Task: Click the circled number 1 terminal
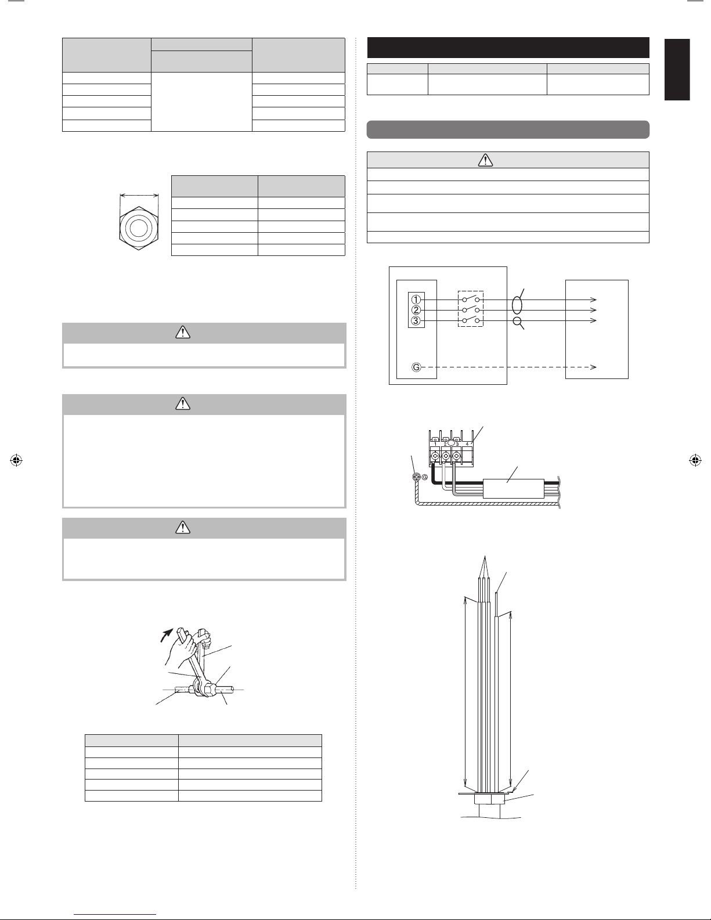pyautogui.click(x=416, y=300)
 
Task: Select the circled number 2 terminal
pyautogui.click(x=416, y=310)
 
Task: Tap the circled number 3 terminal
pyautogui.click(x=416, y=320)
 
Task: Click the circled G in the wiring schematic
pyautogui.click(x=416, y=367)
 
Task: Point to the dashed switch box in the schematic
pyautogui.click(x=471, y=309)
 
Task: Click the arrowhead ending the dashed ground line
pyautogui.click(x=593, y=367)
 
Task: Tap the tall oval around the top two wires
pyautogui.click(x=517, y=305)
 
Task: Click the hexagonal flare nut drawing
pyautogui.click(x=139, y=228)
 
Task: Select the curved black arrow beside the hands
pyautogui.click(x=167, y=634)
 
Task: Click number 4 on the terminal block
pyautogui.click(x=467, y=444)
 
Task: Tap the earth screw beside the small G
pyautogui.click(x=417, y=477)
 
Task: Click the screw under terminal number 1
pyautogui.click(x=435, y=456)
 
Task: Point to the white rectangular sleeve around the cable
pyautogui.click(x=513, y=489)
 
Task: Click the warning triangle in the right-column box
pyautogui.click(x=485, y=160)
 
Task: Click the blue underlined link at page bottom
pyautogui.click(x=115, y=915)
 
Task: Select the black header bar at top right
pyautogui.click(x=508, y=48)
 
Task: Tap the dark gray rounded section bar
pyautogui.click(x=508, y=129)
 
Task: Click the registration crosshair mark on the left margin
pyautogui.click(x=16, y=460)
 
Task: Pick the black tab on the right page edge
pyautogui.click(x=677, y=70)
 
